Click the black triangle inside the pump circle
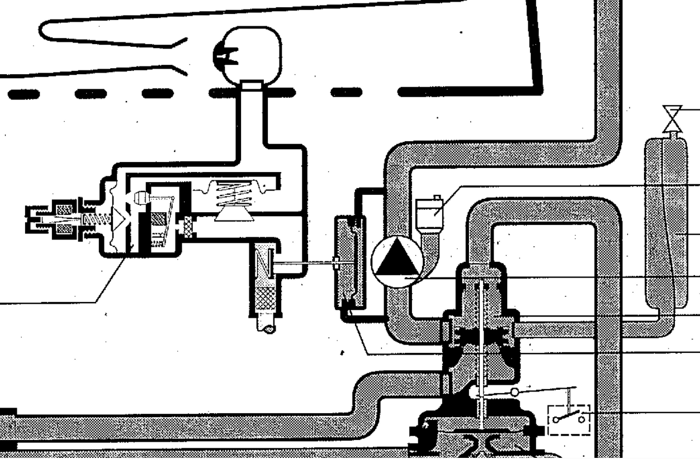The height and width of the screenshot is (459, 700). [396, 259]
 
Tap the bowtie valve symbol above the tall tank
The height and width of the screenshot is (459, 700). [672, 118]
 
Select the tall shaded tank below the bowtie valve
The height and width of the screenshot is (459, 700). [666, 223]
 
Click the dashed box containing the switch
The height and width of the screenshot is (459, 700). [569, 419]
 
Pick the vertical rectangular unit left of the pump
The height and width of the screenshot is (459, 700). [349, 262]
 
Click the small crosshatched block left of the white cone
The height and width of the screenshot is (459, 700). [188, 226]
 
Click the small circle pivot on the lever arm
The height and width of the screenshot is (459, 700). [514, 393]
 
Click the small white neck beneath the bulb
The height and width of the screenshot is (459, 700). [251, 85]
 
